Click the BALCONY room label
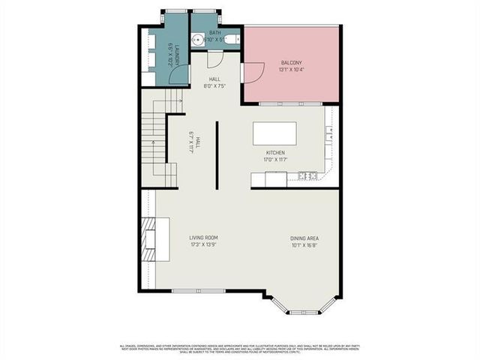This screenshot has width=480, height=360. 292,62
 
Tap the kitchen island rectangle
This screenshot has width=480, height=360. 274,133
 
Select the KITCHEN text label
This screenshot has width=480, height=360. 274,152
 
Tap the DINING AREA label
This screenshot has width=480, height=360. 304,238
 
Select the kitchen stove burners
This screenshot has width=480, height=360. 307,175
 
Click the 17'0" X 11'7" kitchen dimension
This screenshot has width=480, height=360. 274,159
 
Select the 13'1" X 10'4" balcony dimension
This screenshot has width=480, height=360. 292,70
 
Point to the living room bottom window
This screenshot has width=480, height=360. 198,290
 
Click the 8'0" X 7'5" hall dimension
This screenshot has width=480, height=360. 214,85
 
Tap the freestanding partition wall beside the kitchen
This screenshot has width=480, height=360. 217,155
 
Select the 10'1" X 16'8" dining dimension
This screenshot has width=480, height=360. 304,245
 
